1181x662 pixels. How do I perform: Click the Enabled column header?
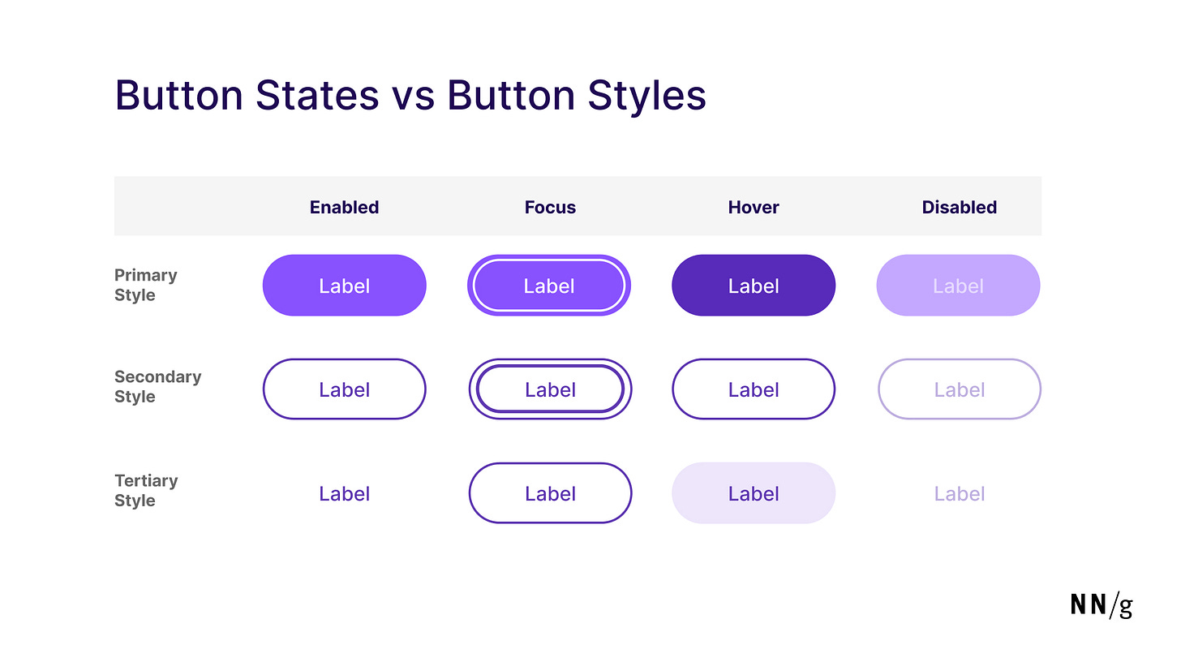pos(344,207)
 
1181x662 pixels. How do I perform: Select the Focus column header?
pos(550,207)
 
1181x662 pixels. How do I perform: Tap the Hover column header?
pos(754,207)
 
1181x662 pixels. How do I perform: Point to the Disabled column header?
pos(959,207)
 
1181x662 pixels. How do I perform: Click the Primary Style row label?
pos(145,285)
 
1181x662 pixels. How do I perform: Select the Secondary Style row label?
pos(157,386)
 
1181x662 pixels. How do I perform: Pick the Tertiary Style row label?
pos(146,490)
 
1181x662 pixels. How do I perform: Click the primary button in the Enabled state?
pos(344,286)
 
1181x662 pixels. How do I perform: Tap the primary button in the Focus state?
pos(549,286)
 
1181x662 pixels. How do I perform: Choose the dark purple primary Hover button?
pos(754,286)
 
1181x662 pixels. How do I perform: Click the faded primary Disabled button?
pos(958,286)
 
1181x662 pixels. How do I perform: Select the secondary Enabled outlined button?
pos(344,389)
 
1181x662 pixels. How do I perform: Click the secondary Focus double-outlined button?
pos(550,389)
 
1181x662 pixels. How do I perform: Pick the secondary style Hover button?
pos(754,389)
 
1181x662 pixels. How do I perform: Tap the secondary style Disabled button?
pos(959,389)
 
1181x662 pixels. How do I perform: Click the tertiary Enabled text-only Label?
pos(344,493)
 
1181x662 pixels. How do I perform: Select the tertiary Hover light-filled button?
pos(754,493)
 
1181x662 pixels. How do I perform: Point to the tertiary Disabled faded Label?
pos(959,493)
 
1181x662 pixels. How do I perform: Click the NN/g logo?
pos(1101,605)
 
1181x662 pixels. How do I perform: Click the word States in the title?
pos(317,96)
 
